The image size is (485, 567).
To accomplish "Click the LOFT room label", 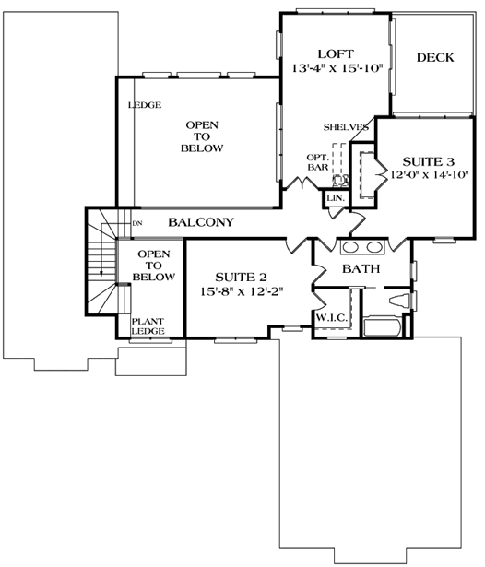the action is click(336, 54).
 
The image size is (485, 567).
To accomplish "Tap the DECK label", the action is click(435, 57).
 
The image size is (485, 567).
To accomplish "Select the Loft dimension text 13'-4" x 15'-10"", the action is click(337, 68).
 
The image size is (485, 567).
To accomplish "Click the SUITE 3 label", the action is click(428, 161).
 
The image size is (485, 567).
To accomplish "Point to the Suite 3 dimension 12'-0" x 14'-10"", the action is click(430, 174).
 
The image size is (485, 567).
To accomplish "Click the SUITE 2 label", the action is click(241, 278).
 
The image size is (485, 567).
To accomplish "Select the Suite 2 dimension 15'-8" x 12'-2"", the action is click(242, 291).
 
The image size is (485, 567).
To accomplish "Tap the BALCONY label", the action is click(201, 222).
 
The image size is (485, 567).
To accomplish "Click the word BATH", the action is click(361, 268).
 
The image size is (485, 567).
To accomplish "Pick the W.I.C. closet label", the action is click(332, 318).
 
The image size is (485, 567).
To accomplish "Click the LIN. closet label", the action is click(336, 198).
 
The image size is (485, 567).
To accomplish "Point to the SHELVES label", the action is click(346, 127).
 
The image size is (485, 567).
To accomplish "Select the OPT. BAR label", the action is click(318, 162).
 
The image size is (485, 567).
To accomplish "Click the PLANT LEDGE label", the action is click(148, 326).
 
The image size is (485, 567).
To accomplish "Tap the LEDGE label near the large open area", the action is click(145, 105).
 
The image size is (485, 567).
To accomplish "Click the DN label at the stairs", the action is click(137, 223).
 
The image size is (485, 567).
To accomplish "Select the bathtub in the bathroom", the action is click(382, 326).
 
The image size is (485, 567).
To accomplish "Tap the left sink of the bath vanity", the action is click(350, 247).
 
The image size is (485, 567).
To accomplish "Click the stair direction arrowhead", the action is click(101, 273).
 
